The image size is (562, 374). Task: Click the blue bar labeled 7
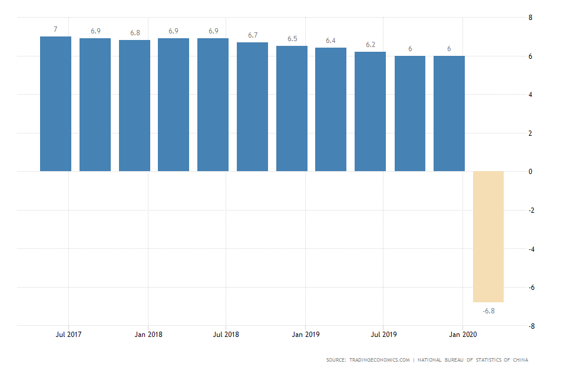55,104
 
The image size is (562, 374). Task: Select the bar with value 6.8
134,106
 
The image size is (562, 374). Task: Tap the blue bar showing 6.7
252,107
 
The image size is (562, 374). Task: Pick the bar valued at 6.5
292,109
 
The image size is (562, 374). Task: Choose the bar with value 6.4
330,109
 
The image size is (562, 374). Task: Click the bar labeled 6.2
370,112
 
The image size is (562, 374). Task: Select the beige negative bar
488,236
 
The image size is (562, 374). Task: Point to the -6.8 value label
488,310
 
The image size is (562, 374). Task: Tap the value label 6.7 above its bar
253,35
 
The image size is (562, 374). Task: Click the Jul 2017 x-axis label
68,335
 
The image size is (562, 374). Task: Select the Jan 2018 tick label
148,335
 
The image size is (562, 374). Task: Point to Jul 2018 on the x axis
226,335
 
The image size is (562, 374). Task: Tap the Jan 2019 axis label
305,335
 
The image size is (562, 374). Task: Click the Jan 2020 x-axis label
463,335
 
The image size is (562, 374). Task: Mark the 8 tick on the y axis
530,18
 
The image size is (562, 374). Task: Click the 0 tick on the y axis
530,172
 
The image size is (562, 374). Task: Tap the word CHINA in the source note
520,360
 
